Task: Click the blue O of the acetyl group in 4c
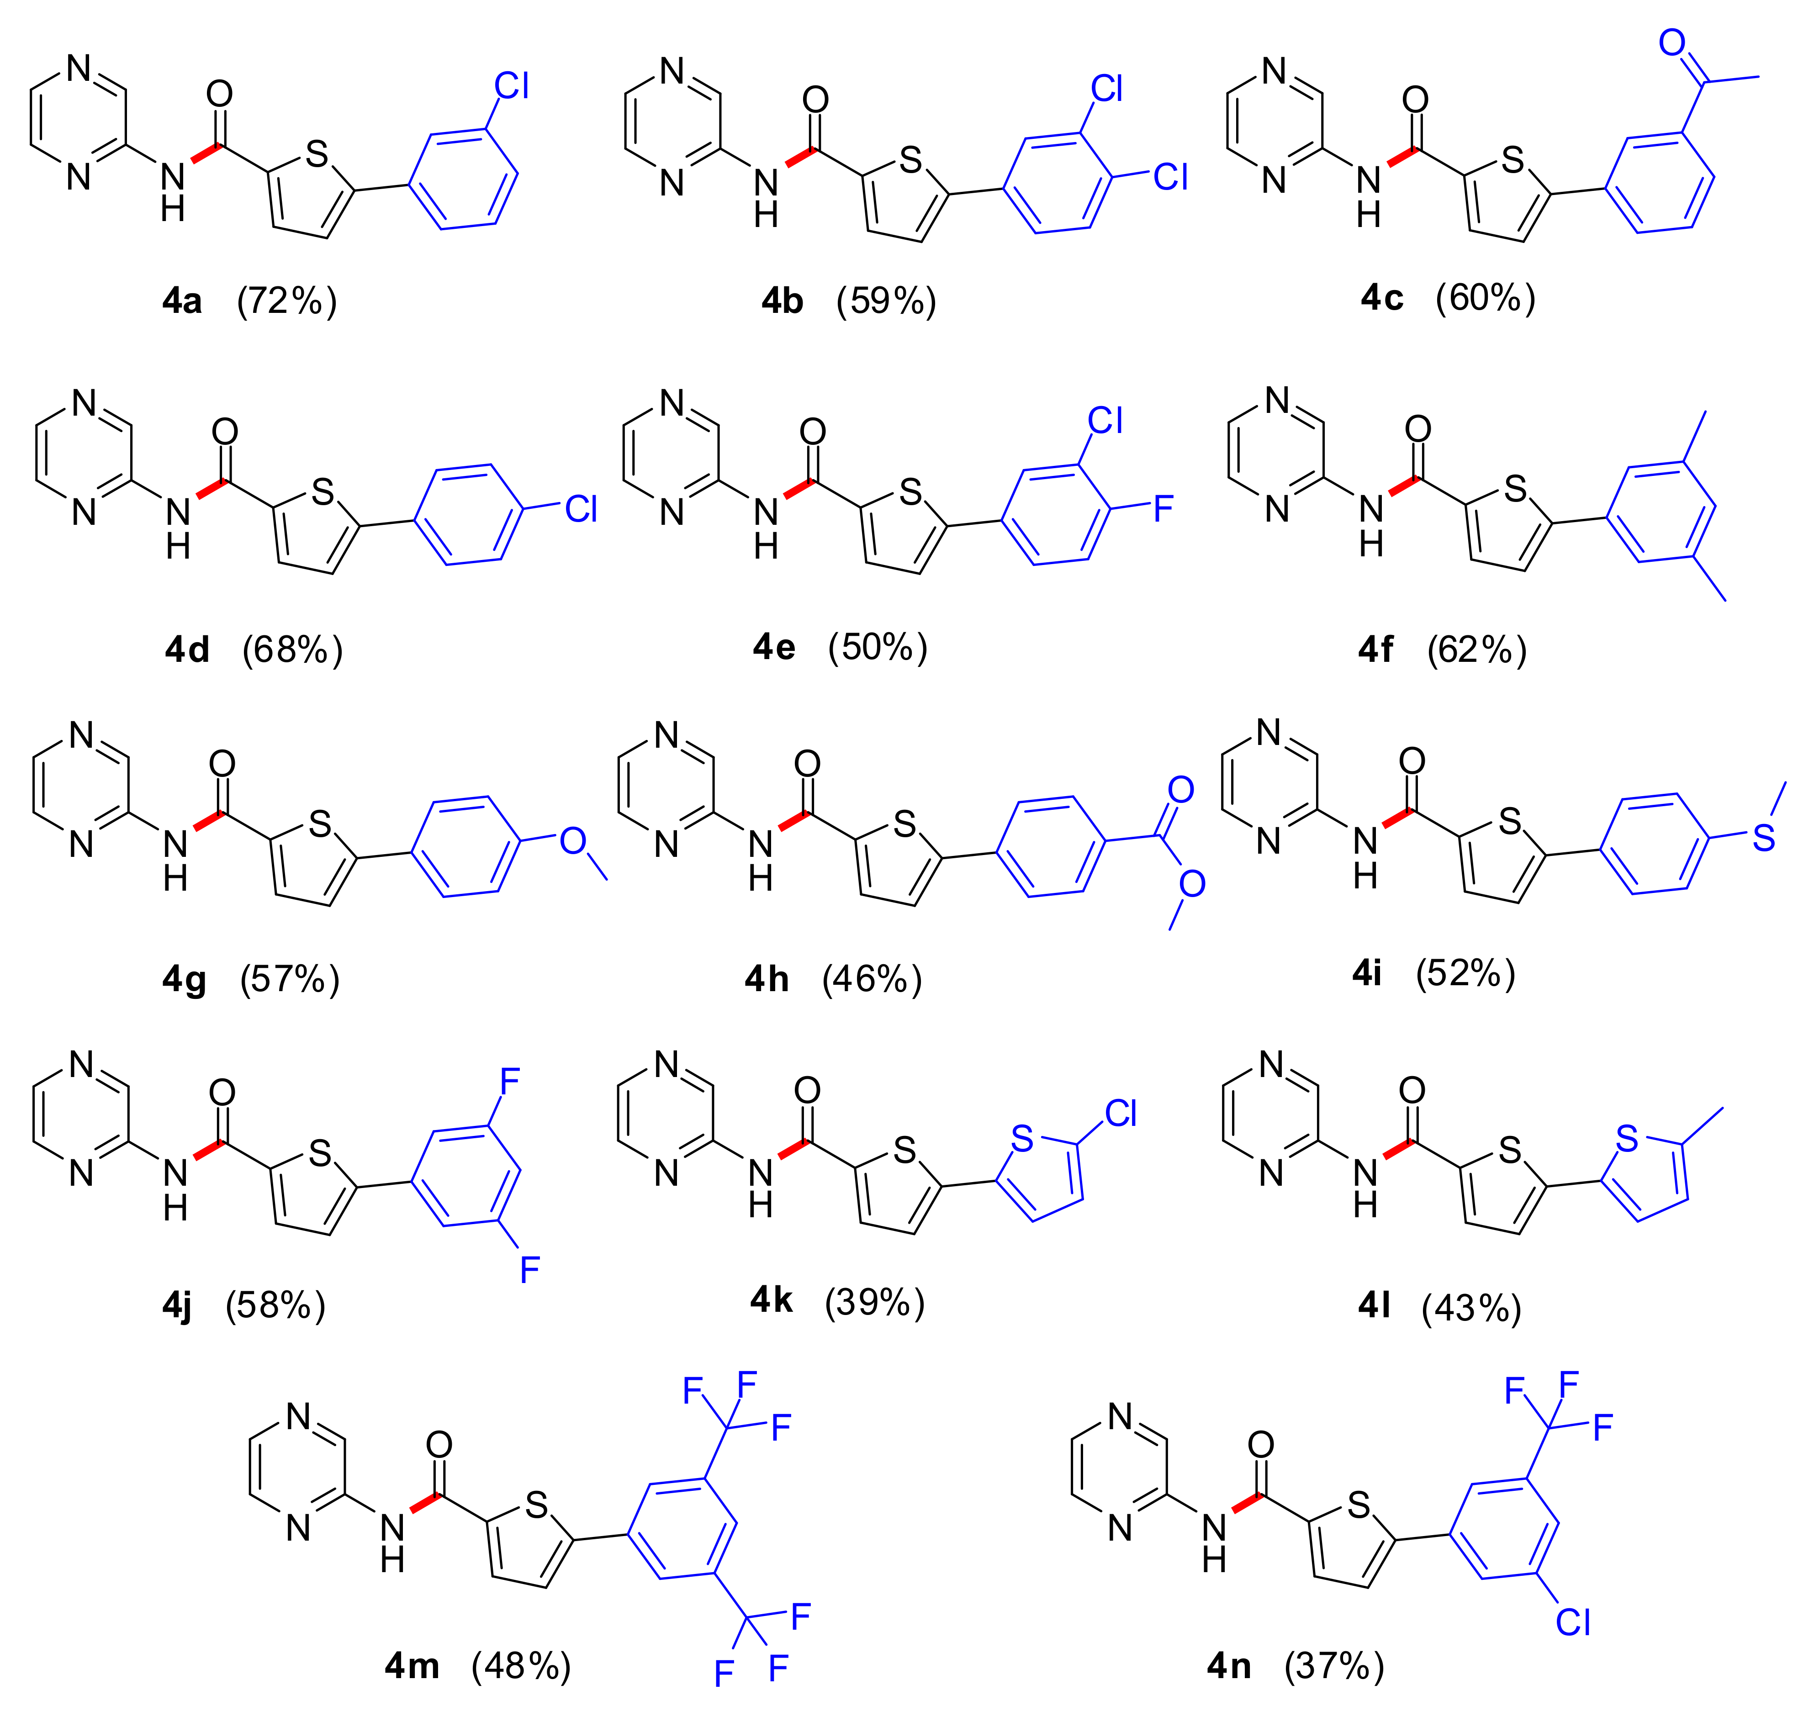[x=1671, y=42]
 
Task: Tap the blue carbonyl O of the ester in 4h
[x=1181, y=789]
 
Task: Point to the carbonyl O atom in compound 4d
[x=224, y=431]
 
